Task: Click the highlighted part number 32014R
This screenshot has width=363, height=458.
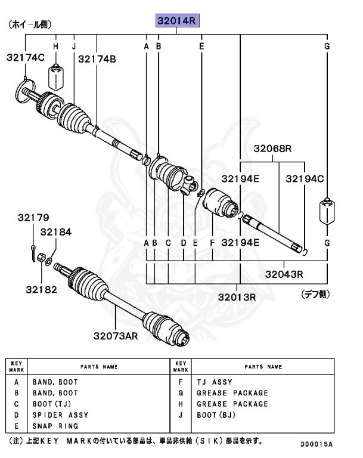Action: [x=176, y=21]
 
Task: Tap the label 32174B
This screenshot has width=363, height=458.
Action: [x=97, y=58]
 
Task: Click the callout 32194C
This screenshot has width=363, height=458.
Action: [x=305, y=178]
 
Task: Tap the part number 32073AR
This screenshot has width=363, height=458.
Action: [x=116, y=336]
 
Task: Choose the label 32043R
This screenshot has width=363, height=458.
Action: [x=284, y=275]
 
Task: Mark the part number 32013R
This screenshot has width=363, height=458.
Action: [x=237, y=296]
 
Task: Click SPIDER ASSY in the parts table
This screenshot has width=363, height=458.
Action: [x=60, y=414]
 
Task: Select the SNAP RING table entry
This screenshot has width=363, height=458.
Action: [x=55, y=426]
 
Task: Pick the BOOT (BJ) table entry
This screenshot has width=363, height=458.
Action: [x=217, y=414]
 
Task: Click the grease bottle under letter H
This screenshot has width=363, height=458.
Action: [x=55, y=76]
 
